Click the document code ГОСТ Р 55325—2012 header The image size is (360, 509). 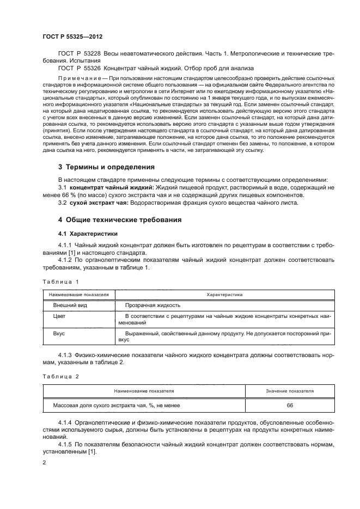coord(72,36)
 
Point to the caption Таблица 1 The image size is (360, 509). coord(60,281)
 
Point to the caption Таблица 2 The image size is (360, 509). coord(60,376)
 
